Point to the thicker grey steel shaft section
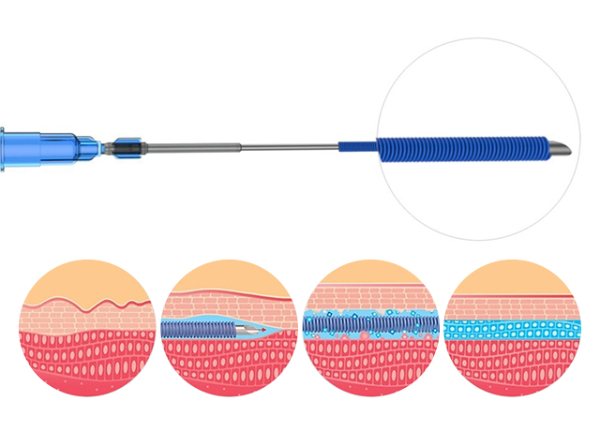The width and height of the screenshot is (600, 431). (x=192, y=148)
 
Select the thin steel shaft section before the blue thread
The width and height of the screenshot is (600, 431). (x=291, y=148)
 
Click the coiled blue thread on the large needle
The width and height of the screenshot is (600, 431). (x=459, y=148)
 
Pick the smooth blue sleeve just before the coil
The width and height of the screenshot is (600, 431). (x=356, y=148)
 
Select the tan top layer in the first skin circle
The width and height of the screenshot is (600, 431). (x=89, y=281)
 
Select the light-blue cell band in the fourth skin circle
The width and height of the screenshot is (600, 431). (x=513, y=328)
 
